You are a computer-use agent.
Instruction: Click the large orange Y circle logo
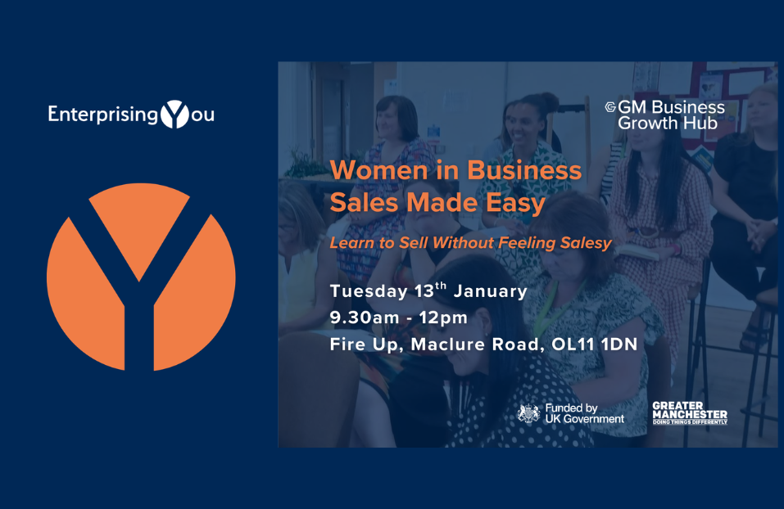(141, 277)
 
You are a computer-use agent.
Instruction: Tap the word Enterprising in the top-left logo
(102, 115)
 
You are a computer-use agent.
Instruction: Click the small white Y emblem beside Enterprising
(174, 114)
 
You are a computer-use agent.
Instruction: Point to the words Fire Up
(365, 345)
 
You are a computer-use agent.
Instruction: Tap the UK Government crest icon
(529, 413)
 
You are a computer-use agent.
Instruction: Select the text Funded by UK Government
(584, 413)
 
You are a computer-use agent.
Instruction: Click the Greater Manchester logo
(689, 413)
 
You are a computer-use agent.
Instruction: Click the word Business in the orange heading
(525, 171)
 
